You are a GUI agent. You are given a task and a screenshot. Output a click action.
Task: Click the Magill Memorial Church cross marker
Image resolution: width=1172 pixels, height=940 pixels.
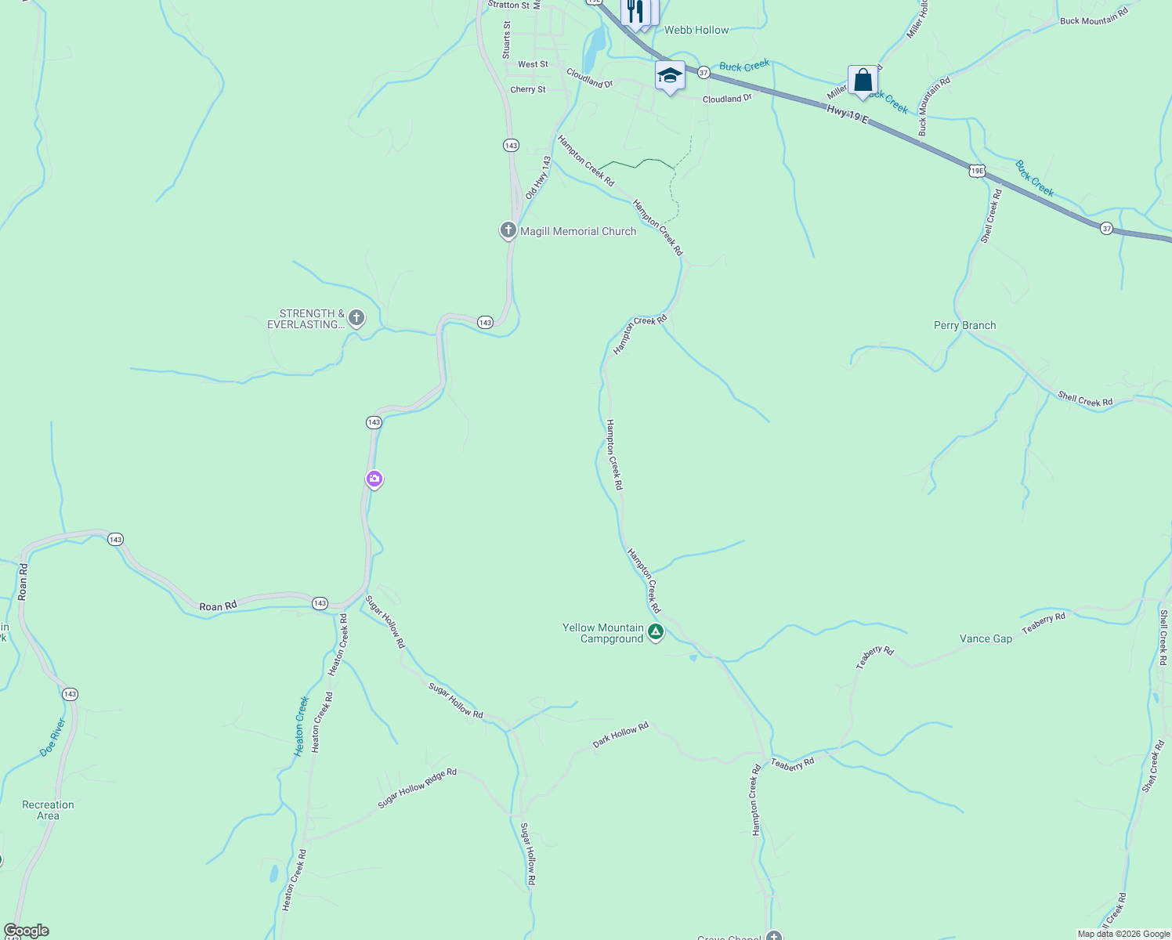pos(508,230)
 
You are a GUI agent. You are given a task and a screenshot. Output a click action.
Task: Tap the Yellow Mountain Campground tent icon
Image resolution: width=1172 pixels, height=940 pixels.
pos(656,631)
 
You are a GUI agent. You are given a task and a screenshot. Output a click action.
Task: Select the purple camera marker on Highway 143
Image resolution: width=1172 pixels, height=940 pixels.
pos(374,479)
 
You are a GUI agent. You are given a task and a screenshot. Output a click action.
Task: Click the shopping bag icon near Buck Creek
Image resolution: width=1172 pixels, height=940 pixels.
pos(863,81)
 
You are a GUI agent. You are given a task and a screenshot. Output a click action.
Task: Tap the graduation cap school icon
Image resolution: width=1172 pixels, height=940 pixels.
pos(670,76)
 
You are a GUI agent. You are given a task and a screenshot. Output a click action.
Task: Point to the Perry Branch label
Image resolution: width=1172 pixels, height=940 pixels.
pos(964,325)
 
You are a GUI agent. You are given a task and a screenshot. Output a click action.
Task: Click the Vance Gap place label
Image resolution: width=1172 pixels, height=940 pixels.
pos(986,638)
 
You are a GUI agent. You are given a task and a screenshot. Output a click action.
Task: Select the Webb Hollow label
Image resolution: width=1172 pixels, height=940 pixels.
pos(696,30)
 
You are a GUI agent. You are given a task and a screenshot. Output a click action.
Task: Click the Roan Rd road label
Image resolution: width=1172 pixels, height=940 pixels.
pos(218,606)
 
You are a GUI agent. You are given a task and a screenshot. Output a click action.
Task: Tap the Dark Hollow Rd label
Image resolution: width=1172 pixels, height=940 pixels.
pos(620,735)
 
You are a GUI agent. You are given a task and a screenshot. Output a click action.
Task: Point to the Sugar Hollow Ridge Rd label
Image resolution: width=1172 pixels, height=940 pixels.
pos(417,789)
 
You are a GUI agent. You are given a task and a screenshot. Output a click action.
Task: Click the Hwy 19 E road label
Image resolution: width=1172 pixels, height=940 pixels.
pos(847,114)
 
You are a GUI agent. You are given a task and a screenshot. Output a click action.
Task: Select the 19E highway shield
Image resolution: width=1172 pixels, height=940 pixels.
pos(976,170)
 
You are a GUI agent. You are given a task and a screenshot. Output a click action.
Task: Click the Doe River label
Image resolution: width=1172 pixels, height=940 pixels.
pos(52,737)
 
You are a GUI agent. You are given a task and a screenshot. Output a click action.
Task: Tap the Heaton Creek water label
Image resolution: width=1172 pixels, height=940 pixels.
pos(302,726)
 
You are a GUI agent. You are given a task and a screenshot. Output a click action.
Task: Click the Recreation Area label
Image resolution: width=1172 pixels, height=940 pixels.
pos(48,810)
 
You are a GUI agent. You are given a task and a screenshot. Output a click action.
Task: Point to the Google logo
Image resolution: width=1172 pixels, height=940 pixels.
pos(27,931)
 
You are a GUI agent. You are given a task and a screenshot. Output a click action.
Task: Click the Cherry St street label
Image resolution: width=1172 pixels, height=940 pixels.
pos(528,89)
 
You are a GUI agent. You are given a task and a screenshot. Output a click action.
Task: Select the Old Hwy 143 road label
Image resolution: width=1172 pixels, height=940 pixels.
pos(538,177)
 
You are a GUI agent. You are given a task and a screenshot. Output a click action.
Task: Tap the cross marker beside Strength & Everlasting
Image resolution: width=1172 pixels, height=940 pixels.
pos(356,317)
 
